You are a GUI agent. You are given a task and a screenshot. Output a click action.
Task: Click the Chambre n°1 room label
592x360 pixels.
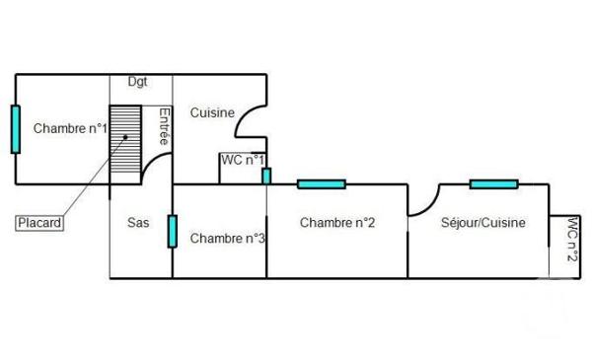[x=69, y=128]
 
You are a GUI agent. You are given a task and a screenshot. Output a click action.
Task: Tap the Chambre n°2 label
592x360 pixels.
[x=337, y=223]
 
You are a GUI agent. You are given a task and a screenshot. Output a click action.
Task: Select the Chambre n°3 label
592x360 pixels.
[x=228, y=238]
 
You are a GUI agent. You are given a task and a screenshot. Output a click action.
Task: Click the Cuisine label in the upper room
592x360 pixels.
[x=212, y=112]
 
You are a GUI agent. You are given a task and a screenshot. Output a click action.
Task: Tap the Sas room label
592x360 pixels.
[x=139, y=223]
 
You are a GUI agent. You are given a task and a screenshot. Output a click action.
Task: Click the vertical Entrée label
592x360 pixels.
[x=164, y=127]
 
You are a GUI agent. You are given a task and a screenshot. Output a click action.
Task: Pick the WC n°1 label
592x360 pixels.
[x=243, y=160]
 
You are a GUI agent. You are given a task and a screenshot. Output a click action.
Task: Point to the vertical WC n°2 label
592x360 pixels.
[x=571, y=240]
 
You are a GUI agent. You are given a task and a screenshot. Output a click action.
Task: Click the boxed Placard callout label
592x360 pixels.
[x=40, y=223]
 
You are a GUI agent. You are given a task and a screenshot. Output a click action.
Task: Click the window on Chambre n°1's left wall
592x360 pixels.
[x=15, y=129]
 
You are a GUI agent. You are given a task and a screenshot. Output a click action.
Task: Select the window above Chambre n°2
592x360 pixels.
[x=321, y=183]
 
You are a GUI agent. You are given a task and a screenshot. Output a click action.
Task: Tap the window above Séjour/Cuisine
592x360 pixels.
[x=493, y=183]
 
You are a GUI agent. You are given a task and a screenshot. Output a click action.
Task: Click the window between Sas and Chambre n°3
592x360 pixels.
[x=172, y=231]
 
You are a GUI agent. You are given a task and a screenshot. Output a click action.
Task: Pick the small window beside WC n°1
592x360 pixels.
[x=266, y=176]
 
